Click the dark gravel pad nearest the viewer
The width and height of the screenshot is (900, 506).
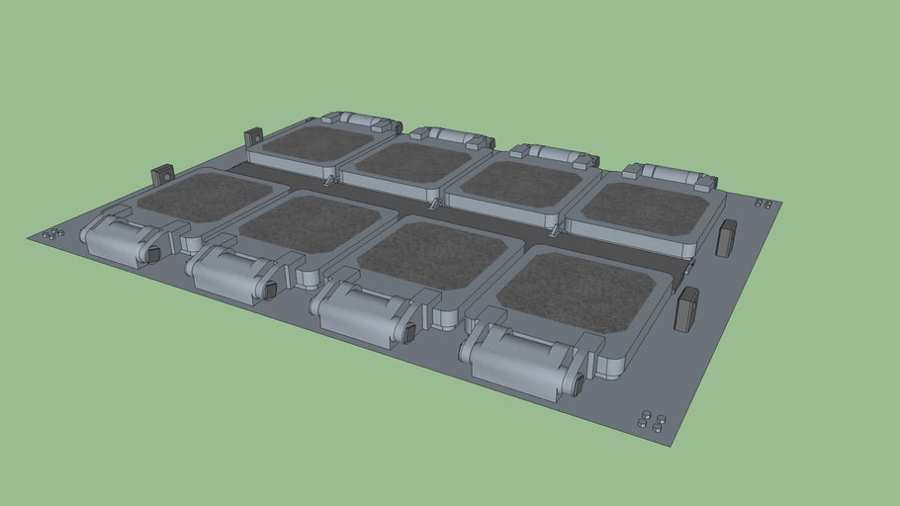[x=574, y=292]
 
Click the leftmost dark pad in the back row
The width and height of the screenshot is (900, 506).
[x=316, y=141]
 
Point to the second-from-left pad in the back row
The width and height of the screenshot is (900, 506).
[x=413, y=161]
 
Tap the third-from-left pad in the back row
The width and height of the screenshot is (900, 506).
[x=519, y=182]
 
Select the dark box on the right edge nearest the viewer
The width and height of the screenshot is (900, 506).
[x=686, y=309]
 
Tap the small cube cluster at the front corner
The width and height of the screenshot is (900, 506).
[x=650, y=420]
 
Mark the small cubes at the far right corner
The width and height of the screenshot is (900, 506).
[x=763, y=204]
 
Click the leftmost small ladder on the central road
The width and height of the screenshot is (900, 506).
[x=327, y=181]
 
